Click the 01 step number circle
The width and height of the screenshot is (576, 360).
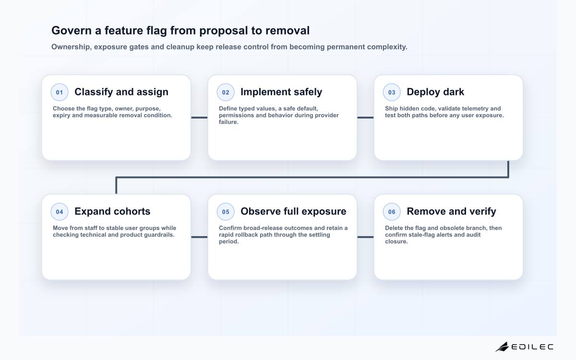pos(60,92)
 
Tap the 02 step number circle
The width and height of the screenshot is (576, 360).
pos(226,92)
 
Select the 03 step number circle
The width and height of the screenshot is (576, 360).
pos(392,92)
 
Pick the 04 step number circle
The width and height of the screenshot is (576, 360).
pos(60,212)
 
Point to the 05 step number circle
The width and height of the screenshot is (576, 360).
pos(226,212)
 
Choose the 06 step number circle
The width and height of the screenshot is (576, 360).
pos(392,212)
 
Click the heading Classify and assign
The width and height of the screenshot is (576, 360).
pos(121,92)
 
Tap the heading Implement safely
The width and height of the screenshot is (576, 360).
pos(281,92)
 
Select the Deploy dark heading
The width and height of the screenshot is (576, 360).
pos(435,92)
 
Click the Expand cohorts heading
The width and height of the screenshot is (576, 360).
pos(112,211)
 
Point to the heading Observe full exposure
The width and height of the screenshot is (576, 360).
pos(293,211)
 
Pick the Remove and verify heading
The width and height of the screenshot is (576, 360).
pos(451,211)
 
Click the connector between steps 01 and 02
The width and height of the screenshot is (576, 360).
pos(199,118)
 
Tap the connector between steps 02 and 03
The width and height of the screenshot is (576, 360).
pos(365,118)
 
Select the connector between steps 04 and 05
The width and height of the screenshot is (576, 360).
pos(199,237)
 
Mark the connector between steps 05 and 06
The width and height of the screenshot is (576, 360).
pos(365,237)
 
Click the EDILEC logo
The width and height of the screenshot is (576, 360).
pos(524,347)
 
